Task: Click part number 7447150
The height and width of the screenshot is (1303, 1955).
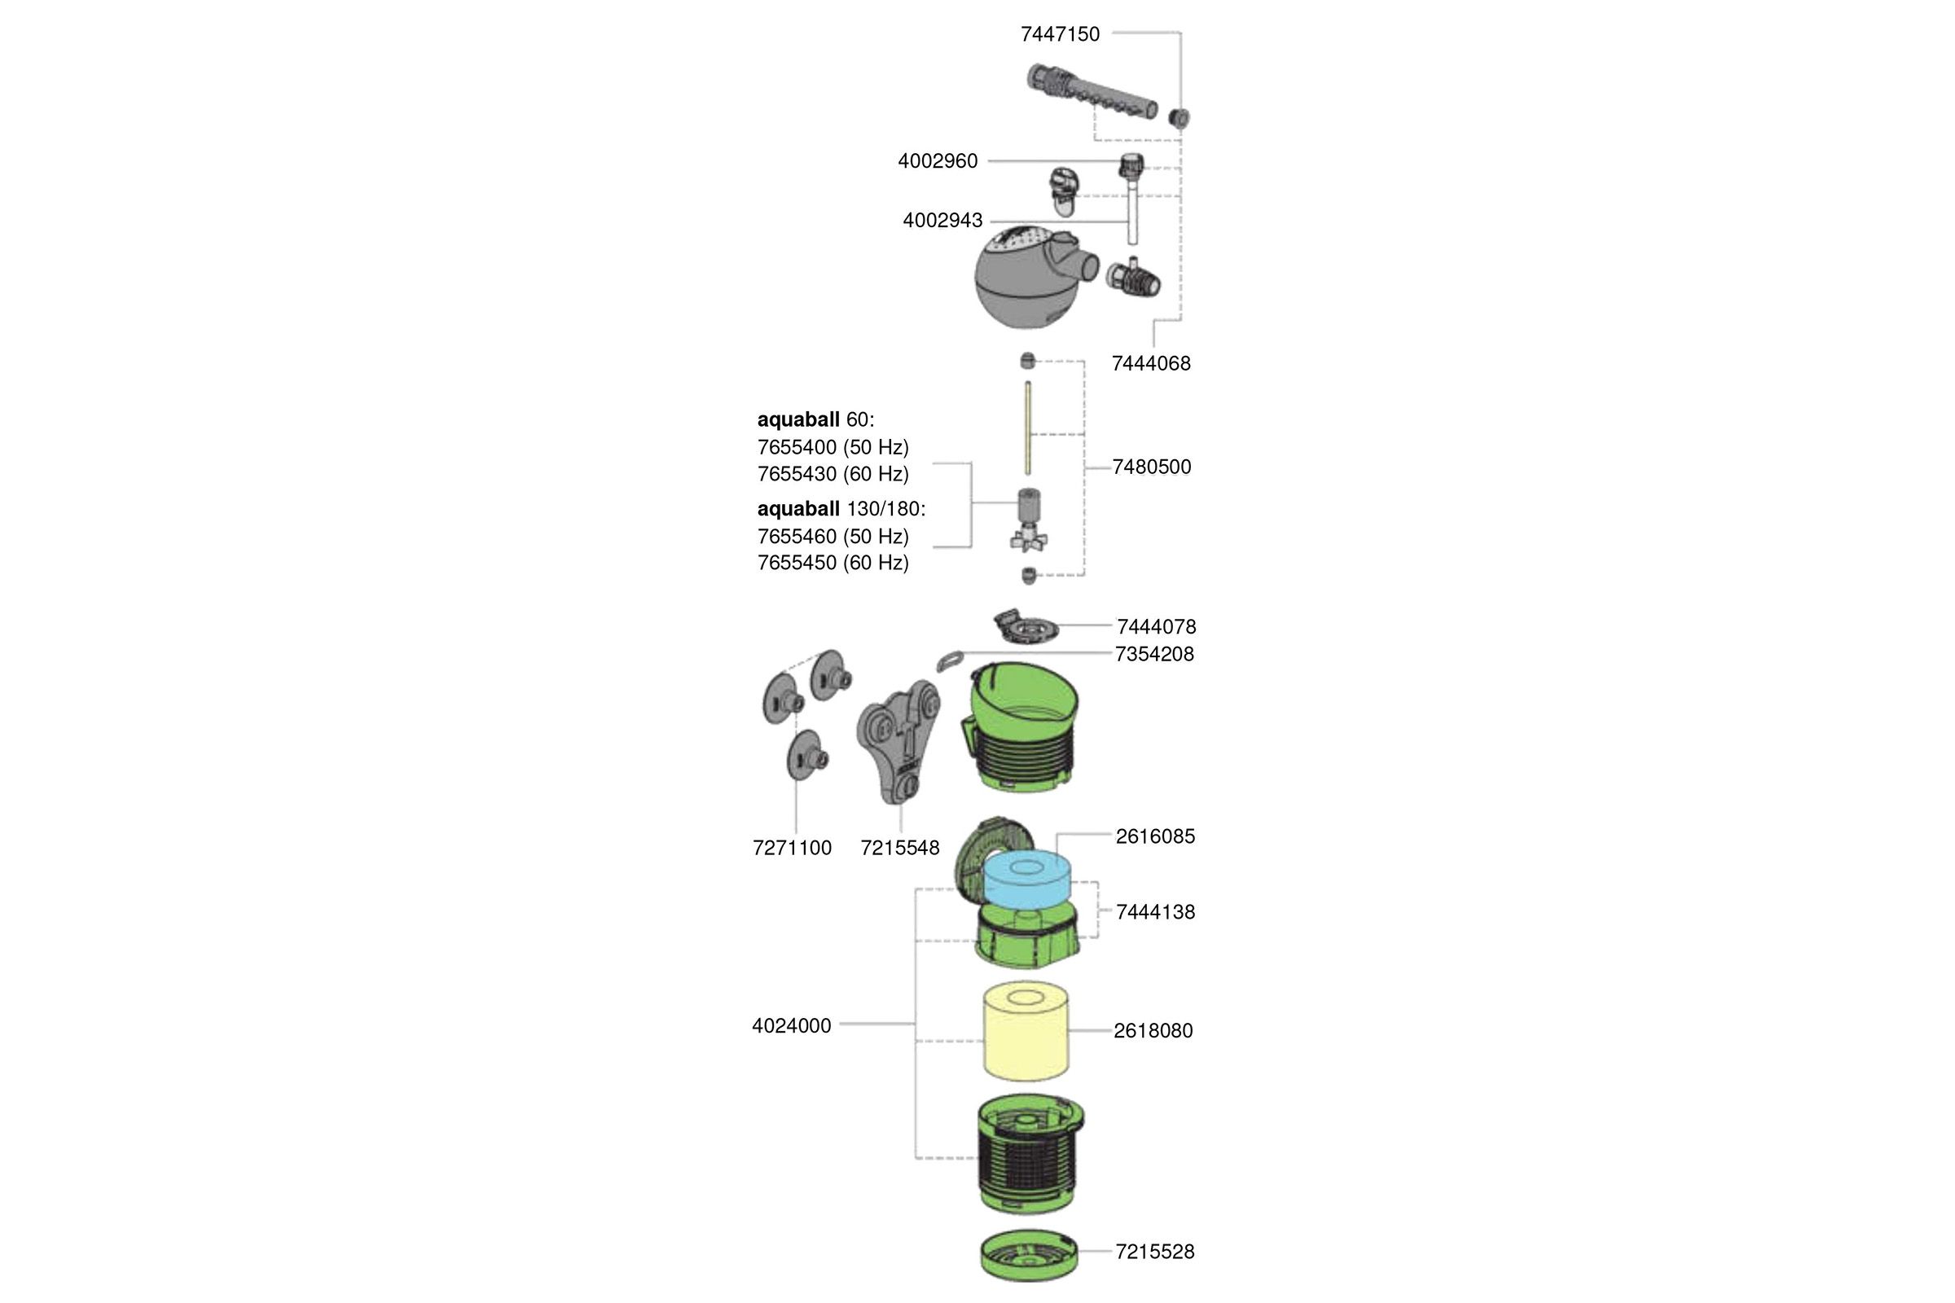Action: (x=1060, y=34)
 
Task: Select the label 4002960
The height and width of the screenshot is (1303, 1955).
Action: (x=938, y=161)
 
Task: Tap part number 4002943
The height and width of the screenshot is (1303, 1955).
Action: (x=942, y=221)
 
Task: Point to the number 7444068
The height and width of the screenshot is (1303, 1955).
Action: (x=1151, y=363)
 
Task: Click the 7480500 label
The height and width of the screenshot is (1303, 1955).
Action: (x=1151, y=467)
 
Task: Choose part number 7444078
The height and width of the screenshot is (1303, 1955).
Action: (x=1156, y=626)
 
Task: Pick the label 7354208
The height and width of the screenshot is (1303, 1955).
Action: (x=1154, y=655)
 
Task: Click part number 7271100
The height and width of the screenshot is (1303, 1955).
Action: (x=792, y=849)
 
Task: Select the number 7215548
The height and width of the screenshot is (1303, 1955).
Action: (x=900, y=849)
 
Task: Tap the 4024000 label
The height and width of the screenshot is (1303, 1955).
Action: (x=791, y=1026)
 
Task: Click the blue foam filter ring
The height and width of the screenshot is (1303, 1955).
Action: (x=1027, y=881)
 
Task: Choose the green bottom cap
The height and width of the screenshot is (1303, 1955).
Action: (x=1028, y=1255)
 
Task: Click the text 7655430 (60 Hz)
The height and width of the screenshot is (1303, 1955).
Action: (x=833, y=475)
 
